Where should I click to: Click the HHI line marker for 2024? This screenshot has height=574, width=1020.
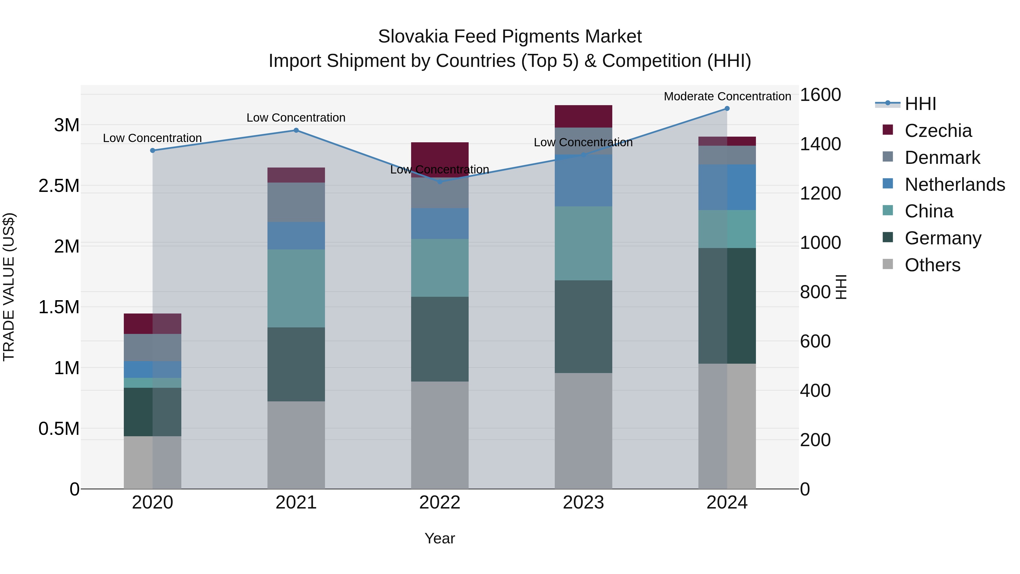click(x=727, y=109)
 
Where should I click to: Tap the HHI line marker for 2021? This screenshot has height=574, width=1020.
click(x=296, y=130)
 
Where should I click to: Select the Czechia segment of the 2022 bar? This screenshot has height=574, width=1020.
click(x=439, y=154)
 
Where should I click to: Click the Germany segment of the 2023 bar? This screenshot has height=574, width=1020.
click(x=583, y=327)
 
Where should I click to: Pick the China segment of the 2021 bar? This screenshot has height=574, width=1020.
click(x=296, y=288)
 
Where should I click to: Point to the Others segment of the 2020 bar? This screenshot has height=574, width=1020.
click(x=152, y=462)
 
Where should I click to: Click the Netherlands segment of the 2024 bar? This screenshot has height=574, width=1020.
click(x=727, y=187)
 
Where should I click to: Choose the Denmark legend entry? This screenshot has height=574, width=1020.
click(x=942, y=158)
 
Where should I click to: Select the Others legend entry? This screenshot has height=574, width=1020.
click(x=932, y=265)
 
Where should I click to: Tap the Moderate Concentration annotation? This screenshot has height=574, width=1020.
click(x=727, y=96)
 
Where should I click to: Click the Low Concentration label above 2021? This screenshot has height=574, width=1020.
click(x=296, y=118)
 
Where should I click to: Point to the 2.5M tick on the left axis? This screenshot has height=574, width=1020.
click(x=59, y=186)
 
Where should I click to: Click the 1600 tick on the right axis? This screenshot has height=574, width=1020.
click(x=820, y=95)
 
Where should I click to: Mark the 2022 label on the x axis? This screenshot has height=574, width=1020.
click(x=439, y=503)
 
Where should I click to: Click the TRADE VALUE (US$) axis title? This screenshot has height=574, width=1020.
click(x=9, y=287)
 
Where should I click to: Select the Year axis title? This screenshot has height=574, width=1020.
click(x=439, y=538)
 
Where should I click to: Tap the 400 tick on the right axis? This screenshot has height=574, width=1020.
click(x=815, y=391)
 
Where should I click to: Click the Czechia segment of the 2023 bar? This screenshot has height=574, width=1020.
click(x=583, y=116)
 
